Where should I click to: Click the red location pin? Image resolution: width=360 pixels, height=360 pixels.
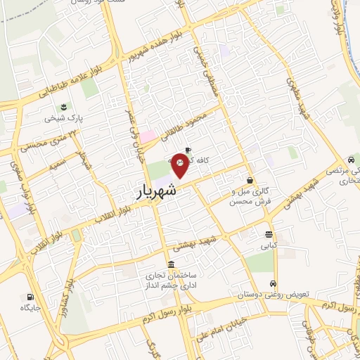[181, 167]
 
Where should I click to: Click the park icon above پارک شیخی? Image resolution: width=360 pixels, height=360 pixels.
[64, 107]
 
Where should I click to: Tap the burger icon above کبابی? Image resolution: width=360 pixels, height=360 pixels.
[269, 234]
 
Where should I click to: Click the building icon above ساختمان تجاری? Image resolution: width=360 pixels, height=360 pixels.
[172, 264]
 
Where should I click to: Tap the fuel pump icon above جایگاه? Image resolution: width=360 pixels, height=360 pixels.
[30, 297]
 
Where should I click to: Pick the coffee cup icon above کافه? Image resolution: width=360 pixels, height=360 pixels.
[188, 149]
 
